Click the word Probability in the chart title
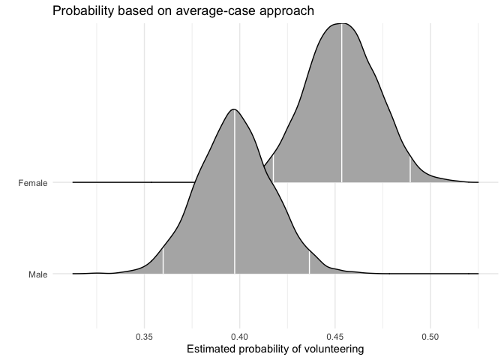point(82,11)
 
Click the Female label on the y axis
point(33,182)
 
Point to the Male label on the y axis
point(37,274)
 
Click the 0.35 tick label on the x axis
point(145,337)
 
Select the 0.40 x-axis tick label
point(240,337)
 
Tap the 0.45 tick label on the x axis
point(335,337)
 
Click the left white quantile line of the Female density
point(273,169)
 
